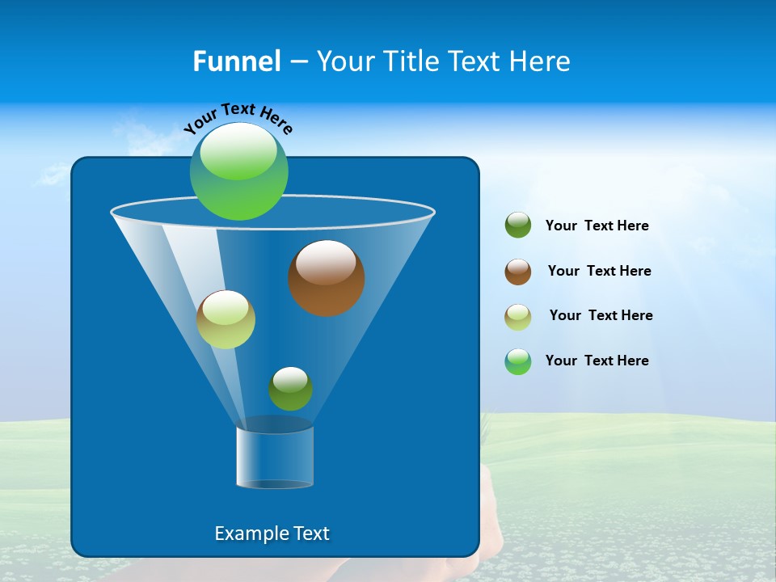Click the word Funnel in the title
coord(237,61)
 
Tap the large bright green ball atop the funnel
coord(239,171)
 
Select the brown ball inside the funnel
coord(326,278)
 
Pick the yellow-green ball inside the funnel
coord(226,319)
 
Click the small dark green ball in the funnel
coord(290,389)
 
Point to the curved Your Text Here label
coord(238,118)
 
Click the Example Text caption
coord(272,533)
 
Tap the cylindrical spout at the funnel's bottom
coord(274,457)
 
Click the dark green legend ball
coord(518,226)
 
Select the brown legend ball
coord(518,272)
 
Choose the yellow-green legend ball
coord(518,317)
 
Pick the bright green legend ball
coord(518,361)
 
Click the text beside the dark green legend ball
coord(597,226)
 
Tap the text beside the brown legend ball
coord(599,271)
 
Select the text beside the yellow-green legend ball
coord(601,315)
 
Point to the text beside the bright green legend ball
coord(597,361)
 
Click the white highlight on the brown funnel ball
coord(326,263)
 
